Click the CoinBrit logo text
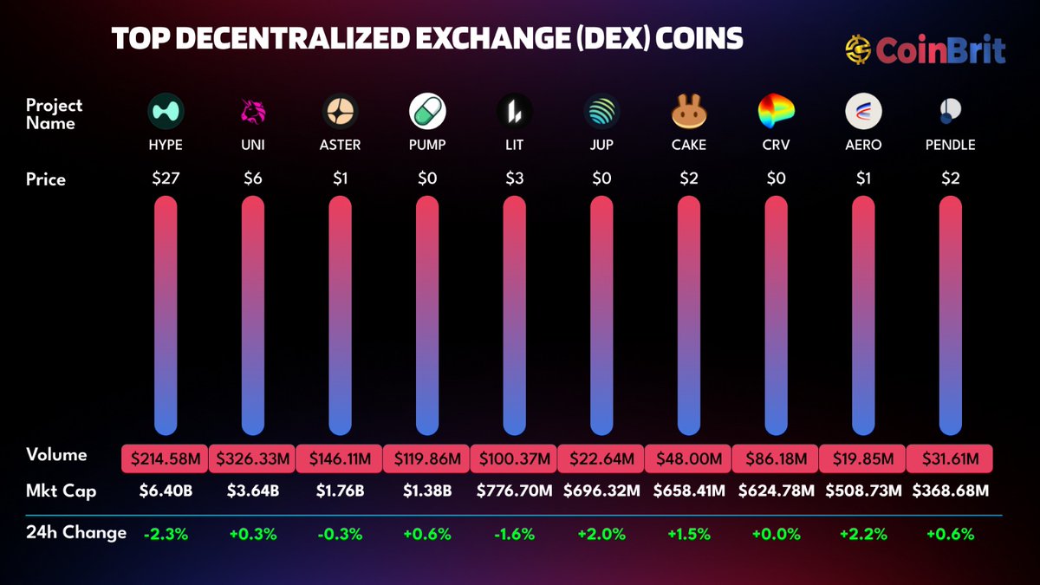pos(940,50)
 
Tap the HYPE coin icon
pos(166,111)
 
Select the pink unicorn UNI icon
pos(253,111)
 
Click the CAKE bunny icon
pos(689,111)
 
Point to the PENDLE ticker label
pos(950,145)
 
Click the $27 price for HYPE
pos(166,179)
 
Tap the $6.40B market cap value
pos(166,491)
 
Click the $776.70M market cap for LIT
pos(515,491)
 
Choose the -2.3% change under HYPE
pos(166,534)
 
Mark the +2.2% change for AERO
pos(863,534)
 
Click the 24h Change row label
pos(76,532)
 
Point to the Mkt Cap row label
pos(61,491)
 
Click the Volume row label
pos(56,455)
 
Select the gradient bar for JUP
pos(602,315)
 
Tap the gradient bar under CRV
pos(777,315)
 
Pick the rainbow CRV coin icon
pos(777,111)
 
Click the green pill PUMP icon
pos(427,111)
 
